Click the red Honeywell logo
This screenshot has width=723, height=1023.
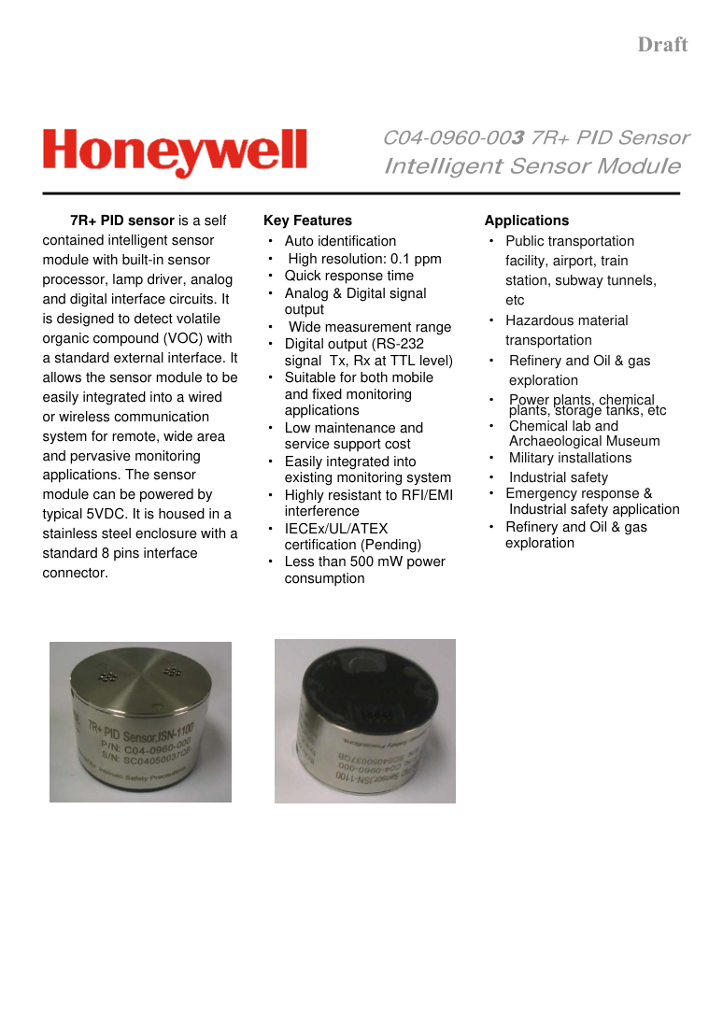[x=175, y=152]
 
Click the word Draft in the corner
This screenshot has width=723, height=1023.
[x=662, y=45]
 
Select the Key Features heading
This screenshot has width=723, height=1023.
[x=307, y=221]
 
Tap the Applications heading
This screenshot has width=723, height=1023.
[x=526, y=221]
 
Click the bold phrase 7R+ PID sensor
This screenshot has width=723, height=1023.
[x=122, y=221]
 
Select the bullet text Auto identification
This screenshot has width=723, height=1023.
[x=340, y=241]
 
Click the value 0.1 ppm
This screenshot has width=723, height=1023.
[x=417, y=259]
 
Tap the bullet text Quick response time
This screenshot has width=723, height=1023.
[x=348, y=276]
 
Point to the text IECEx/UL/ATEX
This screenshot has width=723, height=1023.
[x=335, y=529]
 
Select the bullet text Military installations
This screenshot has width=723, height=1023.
[x=570, y=458]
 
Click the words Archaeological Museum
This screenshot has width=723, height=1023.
[x=584, y=441]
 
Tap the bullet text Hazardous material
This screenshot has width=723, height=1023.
[x=566, y=320]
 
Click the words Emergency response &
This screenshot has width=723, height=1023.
[x=578, y=493]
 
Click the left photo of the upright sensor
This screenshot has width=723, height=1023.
[x=140, y=721]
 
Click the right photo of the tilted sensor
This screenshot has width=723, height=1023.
[x=364, y=720]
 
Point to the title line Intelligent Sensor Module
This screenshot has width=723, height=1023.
[x=532, y=167]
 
